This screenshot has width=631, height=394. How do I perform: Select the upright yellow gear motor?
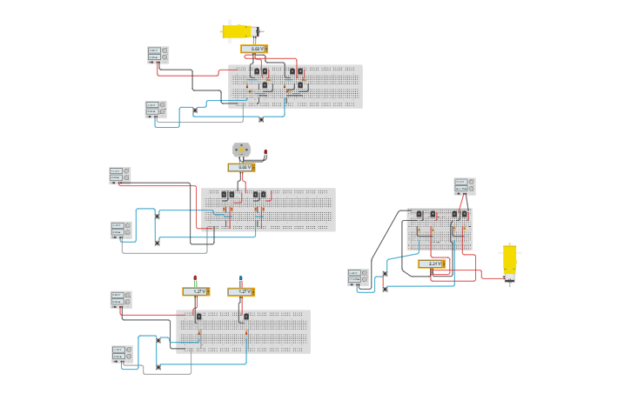pyautogui.click(x=509, y=261)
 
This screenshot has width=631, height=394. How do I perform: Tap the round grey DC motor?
pyautogui.click(x=241, y=150)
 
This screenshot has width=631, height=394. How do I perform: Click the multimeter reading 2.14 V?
pyautogui.click(x=433, y=264)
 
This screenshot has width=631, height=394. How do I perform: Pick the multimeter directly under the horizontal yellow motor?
pyautogui.click(x=253, y=49)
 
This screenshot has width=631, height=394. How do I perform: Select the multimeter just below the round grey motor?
pyautogui.click(x=241, y=167)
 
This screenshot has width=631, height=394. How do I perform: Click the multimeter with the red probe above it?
pyautogui.click(x=196, y=291)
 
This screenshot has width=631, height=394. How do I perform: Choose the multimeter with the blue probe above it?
pyautogui.click(x=241, y=292)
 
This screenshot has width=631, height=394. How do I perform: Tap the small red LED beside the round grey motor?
pyautogui.click(x=265, y=153)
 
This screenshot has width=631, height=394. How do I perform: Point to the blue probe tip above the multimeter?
pyautogui.click(x=241, y=278)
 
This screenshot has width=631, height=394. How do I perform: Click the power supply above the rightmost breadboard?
pyautogui.click(x=465, y=186)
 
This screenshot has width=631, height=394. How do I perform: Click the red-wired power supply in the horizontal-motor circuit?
pyautogui.click(x=158, y=55)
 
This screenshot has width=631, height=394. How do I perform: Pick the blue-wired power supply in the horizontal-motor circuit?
pyautogui.click(x=156, y=109)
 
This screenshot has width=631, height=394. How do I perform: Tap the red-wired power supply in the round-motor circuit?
pyautogui.click(x=120, y=175)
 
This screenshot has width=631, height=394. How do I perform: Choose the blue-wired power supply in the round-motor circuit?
pyautogui.click(x=121, y=230)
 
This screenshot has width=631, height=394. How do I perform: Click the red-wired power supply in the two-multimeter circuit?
pyautogui.click(x=121, y=299)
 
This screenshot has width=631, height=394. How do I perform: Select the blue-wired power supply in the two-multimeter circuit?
pyautogui.click(x=123, y=354)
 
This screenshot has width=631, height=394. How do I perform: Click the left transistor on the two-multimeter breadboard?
pyautogui.click(x=199, y=317)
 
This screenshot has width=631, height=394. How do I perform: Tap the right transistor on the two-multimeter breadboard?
pyautogui.click(x=245, y=317)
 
